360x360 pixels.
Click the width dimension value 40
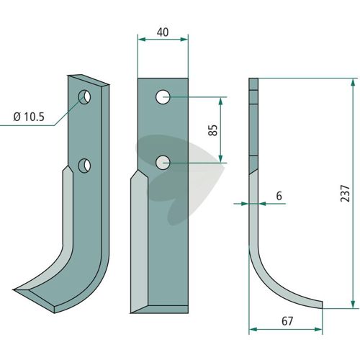[163, 32]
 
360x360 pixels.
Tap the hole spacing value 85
[213, 130]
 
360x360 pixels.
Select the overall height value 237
[346, 194]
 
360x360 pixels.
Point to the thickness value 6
[279, 196]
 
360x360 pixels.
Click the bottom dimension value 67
[287, 321]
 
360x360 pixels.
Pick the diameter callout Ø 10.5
[29, 117]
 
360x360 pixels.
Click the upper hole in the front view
[163, 97]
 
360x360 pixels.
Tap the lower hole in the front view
[163, 163]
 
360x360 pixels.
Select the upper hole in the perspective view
[84, 97]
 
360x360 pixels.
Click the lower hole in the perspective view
[84, 165]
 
